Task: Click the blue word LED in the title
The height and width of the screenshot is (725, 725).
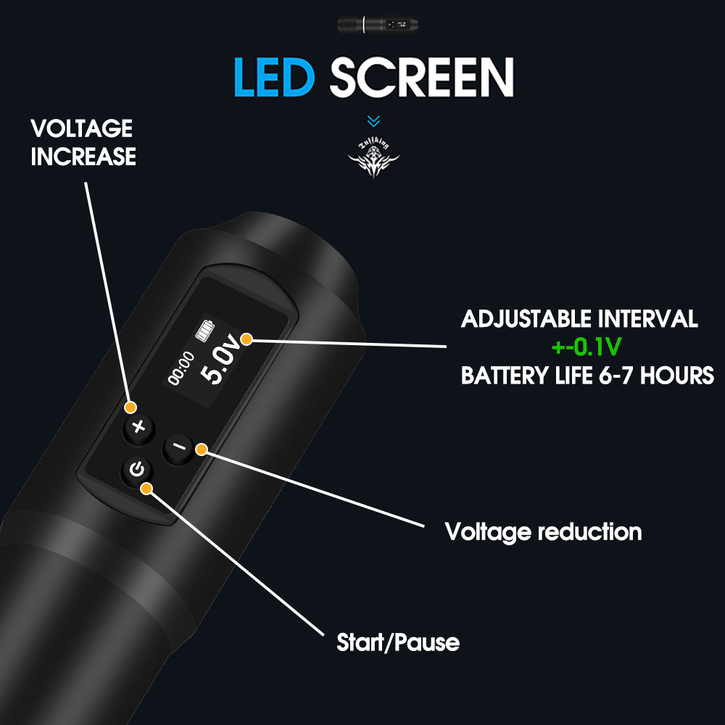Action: click(x=274, y=77)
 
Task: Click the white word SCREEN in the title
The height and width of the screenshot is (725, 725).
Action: click(x=422, y=77)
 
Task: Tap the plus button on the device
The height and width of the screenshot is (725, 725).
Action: click(x=138, y=428)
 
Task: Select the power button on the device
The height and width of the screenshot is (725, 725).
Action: click(x=137, y=470)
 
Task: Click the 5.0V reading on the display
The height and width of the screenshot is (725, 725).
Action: click(x=221, y=360)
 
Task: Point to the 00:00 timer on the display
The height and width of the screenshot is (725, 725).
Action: click(x=181, y=368)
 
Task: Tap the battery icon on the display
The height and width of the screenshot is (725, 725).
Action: click(x=205, y=331)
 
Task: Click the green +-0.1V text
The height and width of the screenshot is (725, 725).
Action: click(x=587, y=347)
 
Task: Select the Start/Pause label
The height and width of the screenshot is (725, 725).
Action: click(x=398, y=642)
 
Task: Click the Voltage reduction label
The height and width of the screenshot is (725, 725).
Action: click(x=543, y=532)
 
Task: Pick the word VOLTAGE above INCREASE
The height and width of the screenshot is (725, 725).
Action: click(x=82, y=128)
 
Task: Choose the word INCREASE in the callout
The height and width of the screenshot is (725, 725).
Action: click(x=83, y=157)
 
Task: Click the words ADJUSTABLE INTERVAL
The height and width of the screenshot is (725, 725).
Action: click(x=579, y=319)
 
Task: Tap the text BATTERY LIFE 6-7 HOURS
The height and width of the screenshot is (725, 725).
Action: click(x=588, y=376)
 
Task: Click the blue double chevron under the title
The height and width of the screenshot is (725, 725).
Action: click(x=373, y=120)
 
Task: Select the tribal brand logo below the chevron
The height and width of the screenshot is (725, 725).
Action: click(x=373, y=159)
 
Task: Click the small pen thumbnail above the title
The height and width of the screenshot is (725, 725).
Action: click(x=378, y=25)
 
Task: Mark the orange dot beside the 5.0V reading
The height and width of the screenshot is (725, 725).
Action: click(x=246, y=339)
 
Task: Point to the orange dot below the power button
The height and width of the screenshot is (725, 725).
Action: click(x=146, y=489)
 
